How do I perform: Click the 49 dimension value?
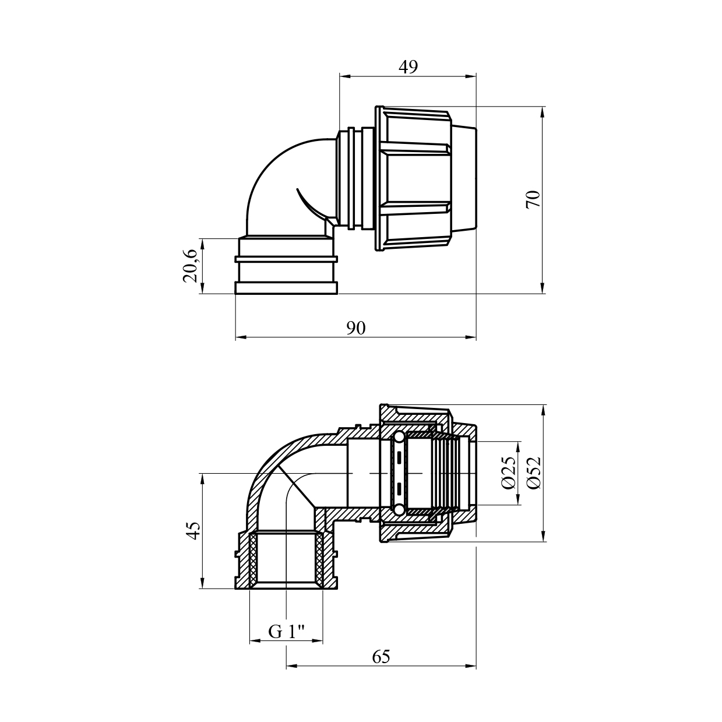(408, 67)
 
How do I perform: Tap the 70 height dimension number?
(533, 199)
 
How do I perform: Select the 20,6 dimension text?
(191, 266)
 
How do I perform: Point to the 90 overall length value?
(355, 328)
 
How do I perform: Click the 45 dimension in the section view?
(194, 530)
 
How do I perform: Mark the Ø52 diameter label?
(534, 473)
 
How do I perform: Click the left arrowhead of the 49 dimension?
(345, 76)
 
